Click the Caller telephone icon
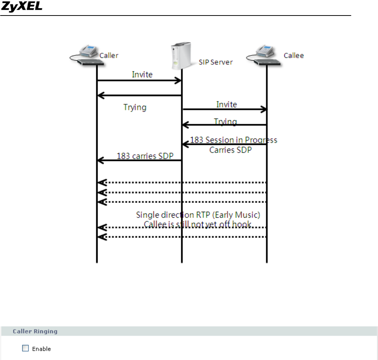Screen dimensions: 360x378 [x=85, y=54]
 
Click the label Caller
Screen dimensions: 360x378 [x=109, y=55]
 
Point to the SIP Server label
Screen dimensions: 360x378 [x=216, y=62]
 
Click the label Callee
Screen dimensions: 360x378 [x=293, y=55]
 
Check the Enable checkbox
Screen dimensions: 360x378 [x=26, y=348]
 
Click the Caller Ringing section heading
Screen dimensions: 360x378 [x=35, y=331]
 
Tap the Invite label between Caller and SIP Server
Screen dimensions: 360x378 [x=142, y=74]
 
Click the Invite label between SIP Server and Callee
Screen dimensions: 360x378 [x=226, y=104]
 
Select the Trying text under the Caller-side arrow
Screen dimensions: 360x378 [x=135, y=107]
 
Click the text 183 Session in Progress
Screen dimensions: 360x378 [x=233, y=140]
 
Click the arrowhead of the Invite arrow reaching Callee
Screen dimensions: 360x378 [x=264, y=109]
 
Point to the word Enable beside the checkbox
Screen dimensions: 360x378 [x=41, y=349]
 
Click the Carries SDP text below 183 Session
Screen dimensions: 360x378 [x=230, y=150]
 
